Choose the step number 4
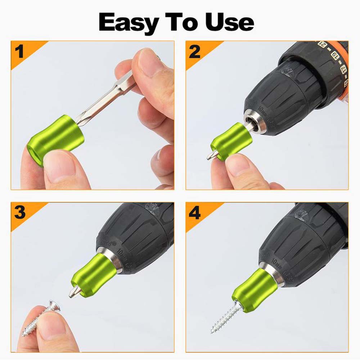pyautogui.click(x=194, y=213)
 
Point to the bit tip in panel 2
pyautogui.click(x=211, y=155)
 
